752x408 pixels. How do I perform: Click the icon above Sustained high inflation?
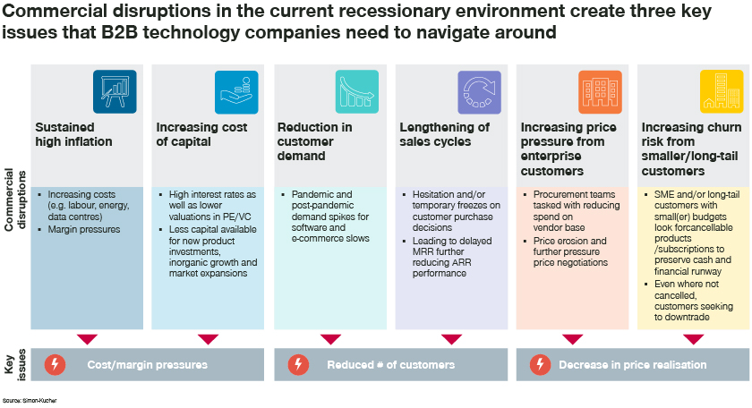tap(115, 91)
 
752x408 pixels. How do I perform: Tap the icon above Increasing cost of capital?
tap(236, 91)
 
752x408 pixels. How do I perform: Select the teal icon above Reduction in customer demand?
tap(357, 91)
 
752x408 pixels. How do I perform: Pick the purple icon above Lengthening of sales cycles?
tap(479, 91)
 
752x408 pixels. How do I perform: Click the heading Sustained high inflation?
tap(73, 134)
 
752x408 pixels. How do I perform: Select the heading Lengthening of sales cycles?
tap(445, 134)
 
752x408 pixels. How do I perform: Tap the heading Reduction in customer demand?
tap(315, 141)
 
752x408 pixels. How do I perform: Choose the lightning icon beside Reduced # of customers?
tap(298, 365)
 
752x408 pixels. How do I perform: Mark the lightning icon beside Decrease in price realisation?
tap(540, 365)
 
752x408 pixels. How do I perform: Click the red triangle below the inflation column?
tap(87, 339)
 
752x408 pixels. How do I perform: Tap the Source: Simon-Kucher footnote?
tap(30, 400)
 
